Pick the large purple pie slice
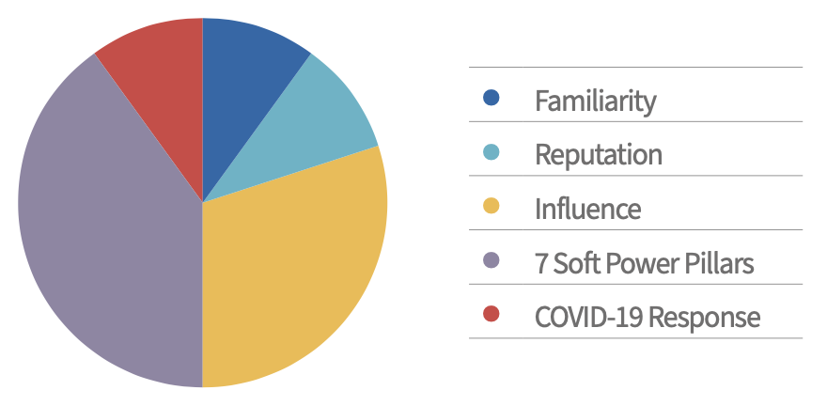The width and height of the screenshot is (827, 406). (x=103, y=235)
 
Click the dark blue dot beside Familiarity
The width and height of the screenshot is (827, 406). (x=491, y=98)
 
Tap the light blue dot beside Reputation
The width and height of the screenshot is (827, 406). (x=491, y=152)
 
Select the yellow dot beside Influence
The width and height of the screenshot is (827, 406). (x=491, y=206)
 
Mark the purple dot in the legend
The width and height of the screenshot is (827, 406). (x=491, y=260)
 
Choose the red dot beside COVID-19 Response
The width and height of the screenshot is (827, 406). (x=491, y=314)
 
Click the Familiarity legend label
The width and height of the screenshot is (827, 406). (x=595, y=101)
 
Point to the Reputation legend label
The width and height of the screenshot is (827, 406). (x=598, y=154)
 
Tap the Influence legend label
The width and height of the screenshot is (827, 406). (x=587, y=208)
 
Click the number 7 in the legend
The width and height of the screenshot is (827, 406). (x=541, y=263)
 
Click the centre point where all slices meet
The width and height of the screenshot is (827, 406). (x=203, y=202)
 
